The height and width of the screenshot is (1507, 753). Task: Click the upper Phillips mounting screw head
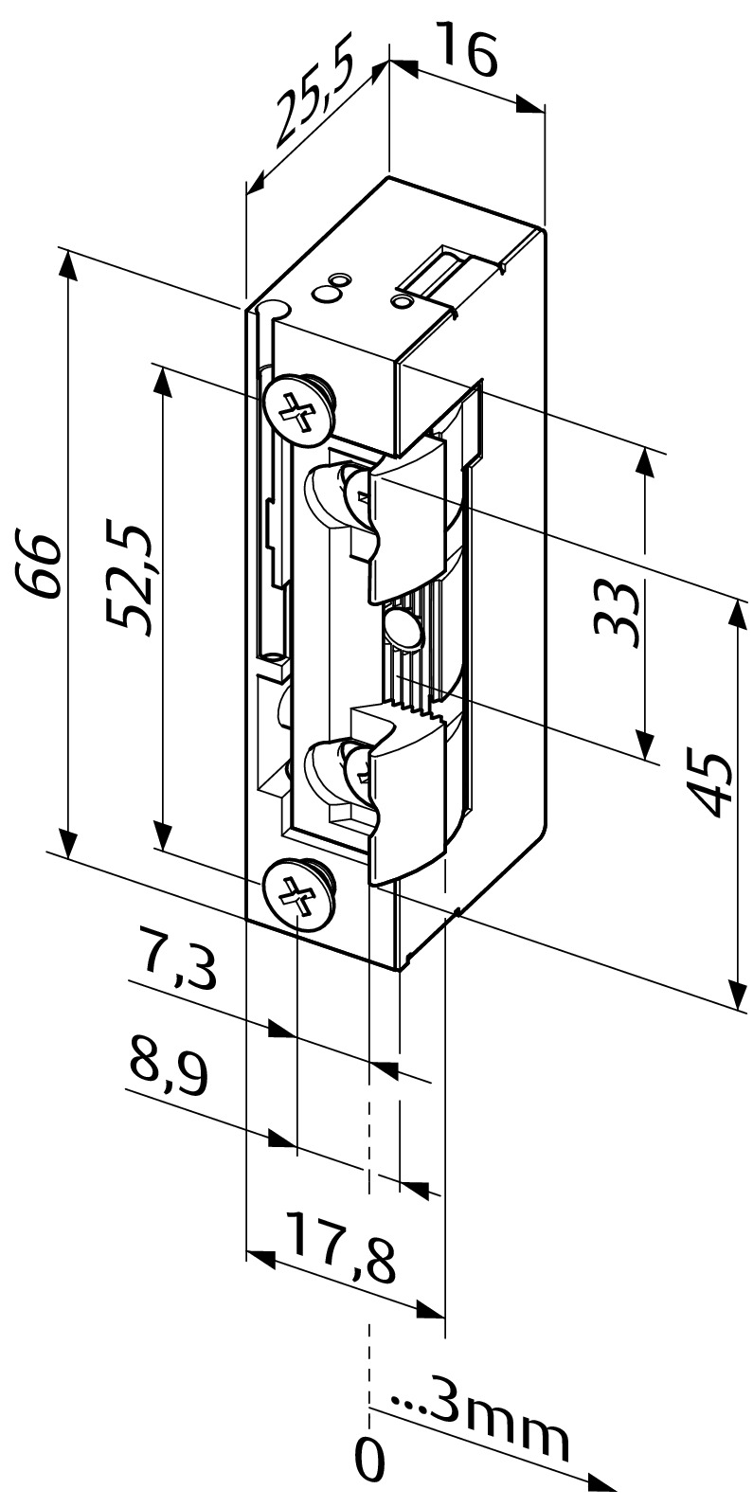pyautogui.click(x=298, y=409)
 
